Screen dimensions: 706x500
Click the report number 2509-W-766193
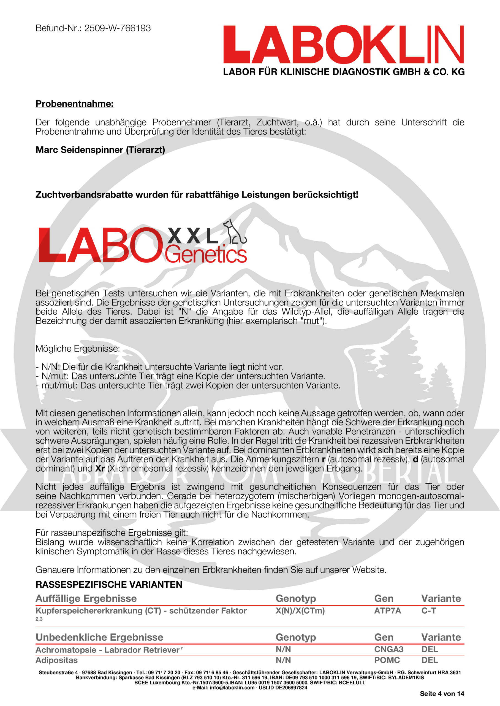[117, 28]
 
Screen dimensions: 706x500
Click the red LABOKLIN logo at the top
[343, 45]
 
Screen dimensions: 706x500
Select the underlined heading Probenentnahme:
[75, 104]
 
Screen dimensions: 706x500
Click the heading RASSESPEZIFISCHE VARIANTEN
[109, 585]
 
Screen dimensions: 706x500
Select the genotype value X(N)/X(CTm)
[300, 611]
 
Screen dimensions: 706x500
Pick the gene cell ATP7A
[387, 611]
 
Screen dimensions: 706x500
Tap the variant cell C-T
[429, 611]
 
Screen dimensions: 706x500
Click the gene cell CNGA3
[388, 649]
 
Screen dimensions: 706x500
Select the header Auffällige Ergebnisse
[86, 598]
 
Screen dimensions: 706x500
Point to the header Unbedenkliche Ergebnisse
[99, 637]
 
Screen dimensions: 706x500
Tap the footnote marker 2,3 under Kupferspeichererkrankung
[39, 619]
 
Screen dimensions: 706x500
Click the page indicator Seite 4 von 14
[442, 694]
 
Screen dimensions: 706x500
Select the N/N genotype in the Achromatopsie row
[283, 649]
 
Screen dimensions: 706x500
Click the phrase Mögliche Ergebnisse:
[78, 349]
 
